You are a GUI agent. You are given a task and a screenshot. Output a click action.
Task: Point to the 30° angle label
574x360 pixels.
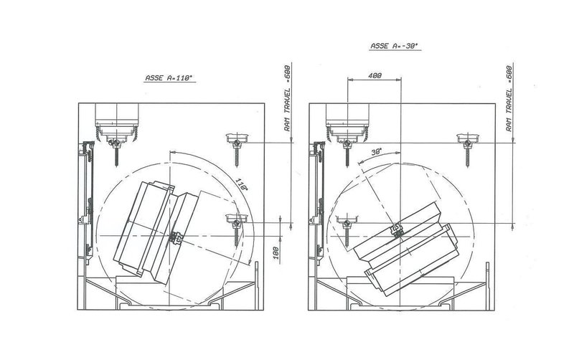(376, 152)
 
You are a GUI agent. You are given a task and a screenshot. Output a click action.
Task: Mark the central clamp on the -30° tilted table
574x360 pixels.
(395, 231)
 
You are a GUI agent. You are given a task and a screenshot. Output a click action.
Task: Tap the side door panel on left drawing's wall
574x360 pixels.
(84, 201)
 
